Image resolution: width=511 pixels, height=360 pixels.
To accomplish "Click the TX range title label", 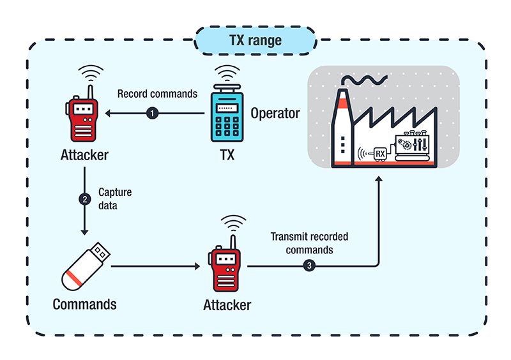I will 255,41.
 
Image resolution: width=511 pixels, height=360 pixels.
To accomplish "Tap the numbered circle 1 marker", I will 152,114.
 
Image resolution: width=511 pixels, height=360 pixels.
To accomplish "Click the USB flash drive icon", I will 86,267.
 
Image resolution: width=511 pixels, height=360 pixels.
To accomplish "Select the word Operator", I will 275,114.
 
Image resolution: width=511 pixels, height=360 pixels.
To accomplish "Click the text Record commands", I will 158,94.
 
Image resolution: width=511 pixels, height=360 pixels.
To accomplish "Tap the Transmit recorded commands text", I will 310,243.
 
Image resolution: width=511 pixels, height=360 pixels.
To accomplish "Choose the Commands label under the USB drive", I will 85,304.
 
